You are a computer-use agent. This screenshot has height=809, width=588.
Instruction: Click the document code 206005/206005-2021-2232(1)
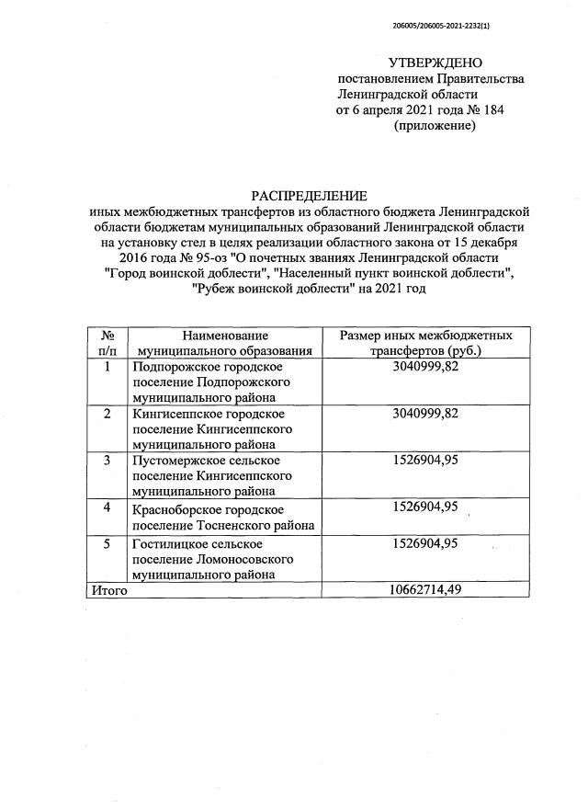[x=440, y=27]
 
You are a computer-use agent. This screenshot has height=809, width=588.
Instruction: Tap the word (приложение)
[x=435, y=126]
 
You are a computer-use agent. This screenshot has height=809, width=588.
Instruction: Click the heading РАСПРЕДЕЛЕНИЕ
[x=309, y=195]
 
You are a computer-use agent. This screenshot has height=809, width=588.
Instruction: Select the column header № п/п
[x=107, y=343]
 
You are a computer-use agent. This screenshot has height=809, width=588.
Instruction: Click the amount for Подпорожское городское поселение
[x=424, y=366]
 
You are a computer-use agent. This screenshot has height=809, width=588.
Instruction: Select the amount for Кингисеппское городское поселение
[x=424, y=413]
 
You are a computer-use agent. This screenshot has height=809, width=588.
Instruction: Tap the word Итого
[x=108, y=590]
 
